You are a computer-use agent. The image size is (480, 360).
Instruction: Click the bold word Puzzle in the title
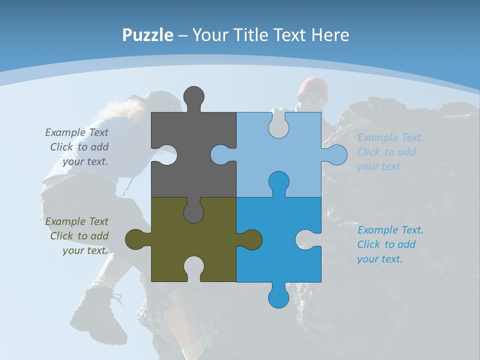pyautogui.click(x=147, y=35)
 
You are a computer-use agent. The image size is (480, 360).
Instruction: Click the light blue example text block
pyautogui.click(x=390, y=152)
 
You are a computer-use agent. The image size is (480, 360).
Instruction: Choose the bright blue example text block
pyautogui.click(x=390, y=244)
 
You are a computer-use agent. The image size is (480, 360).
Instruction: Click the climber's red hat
pyautogui.click(x=313, y=86)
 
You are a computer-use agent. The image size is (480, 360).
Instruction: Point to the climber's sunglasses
pyautogui.click(x=308, y=99)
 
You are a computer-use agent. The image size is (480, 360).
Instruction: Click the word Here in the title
pyautogui.click(x=330, y=35)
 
